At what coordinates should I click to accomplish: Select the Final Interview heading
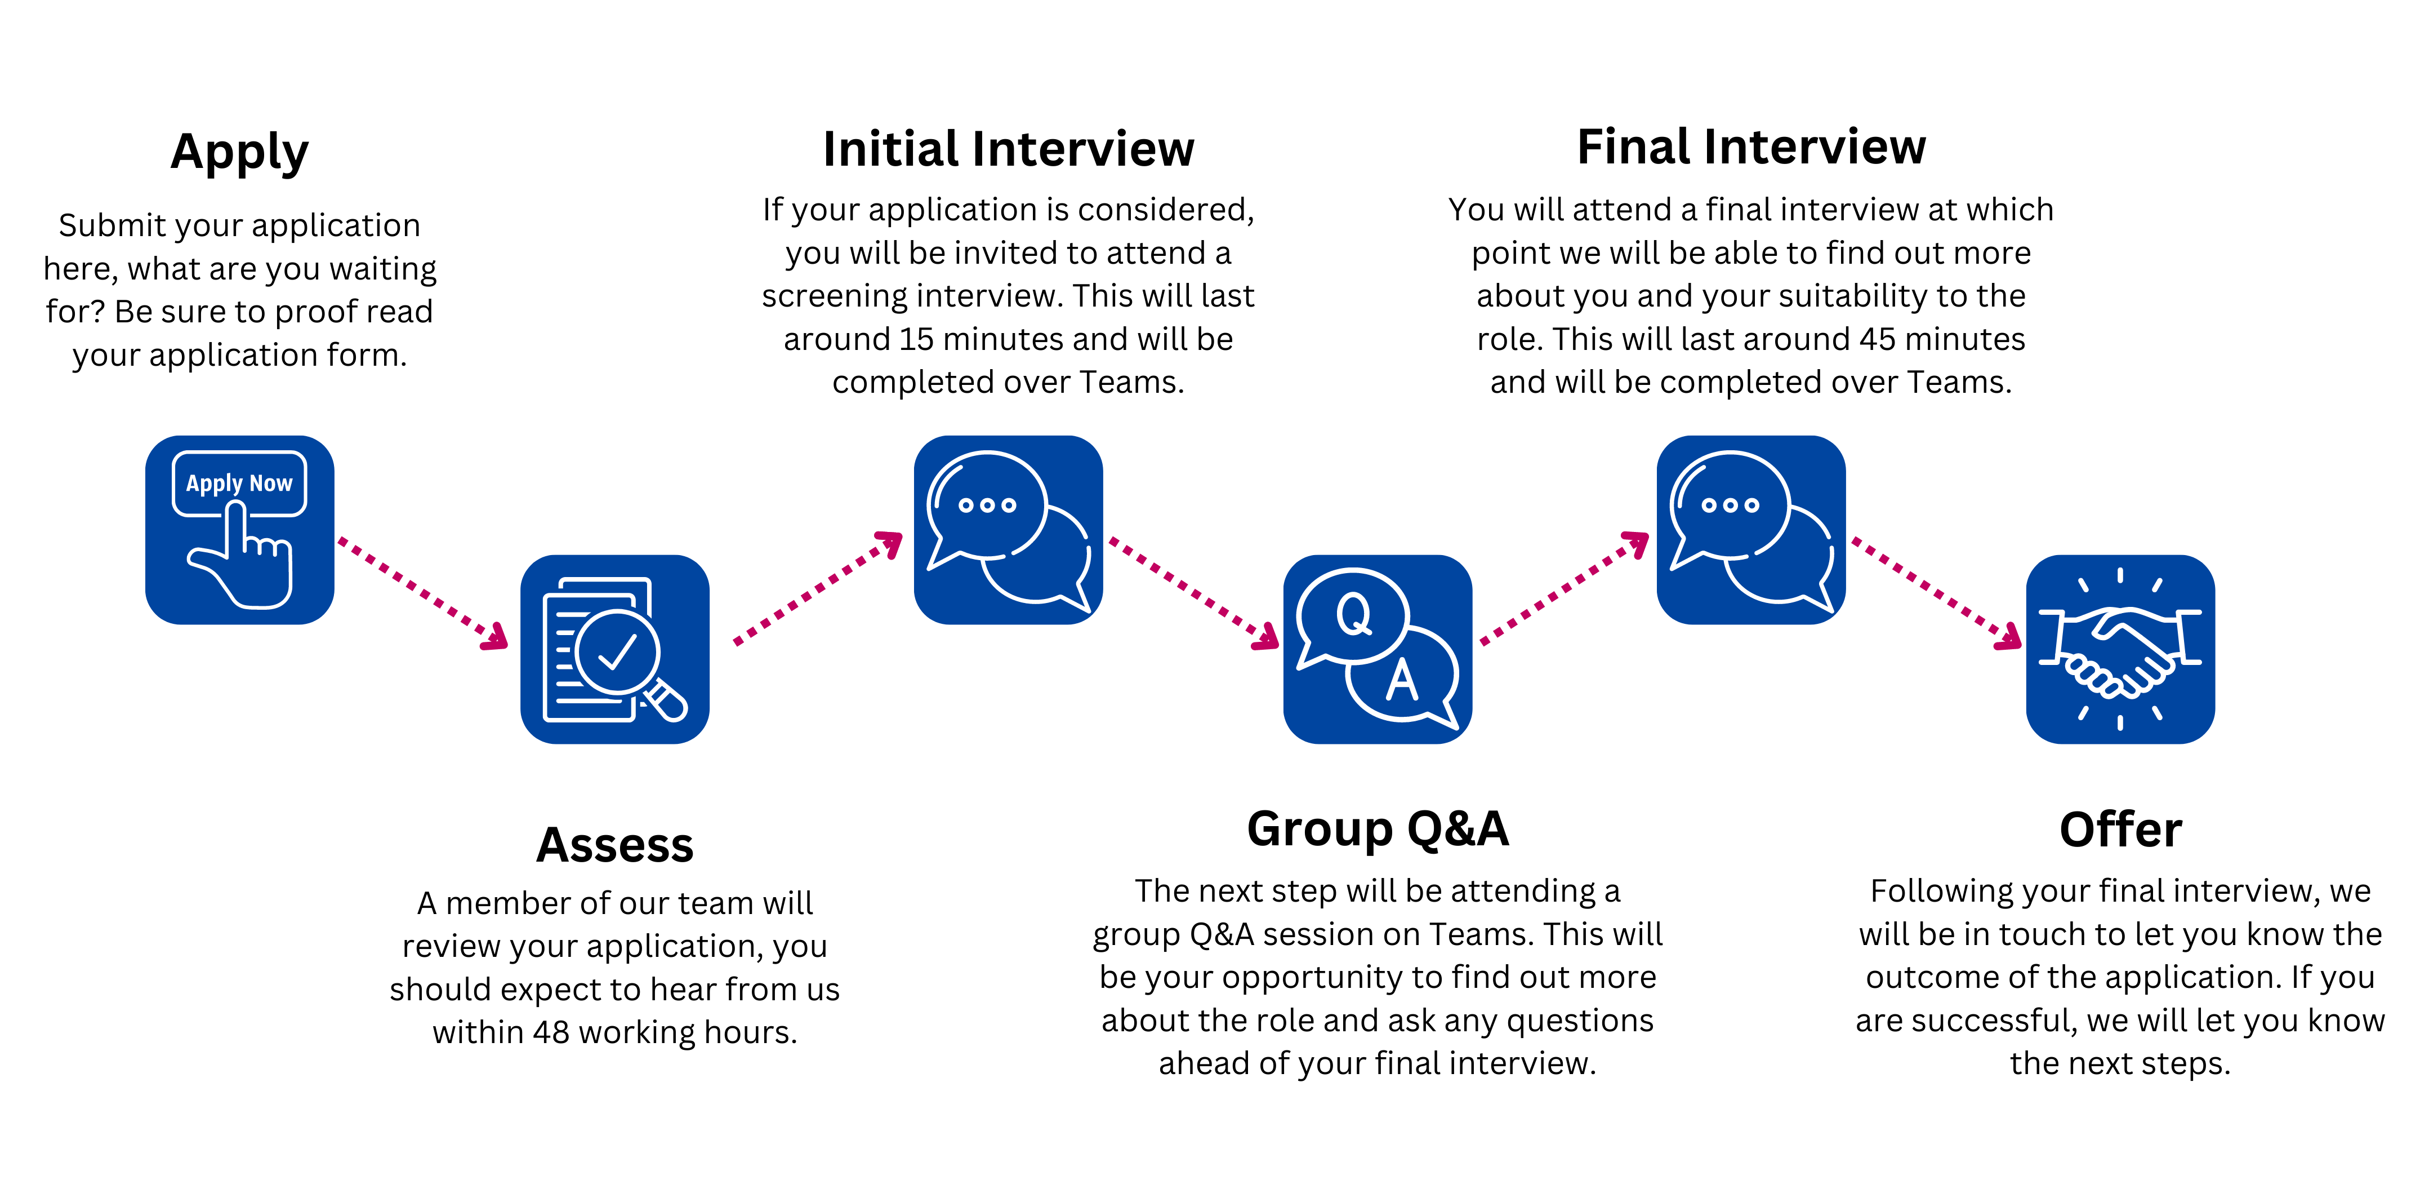coord(1751,147)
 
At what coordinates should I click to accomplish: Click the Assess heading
coord(615,844)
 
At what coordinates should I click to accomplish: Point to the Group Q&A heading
coord(1378,828)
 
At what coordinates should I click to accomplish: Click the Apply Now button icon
coord(239,529)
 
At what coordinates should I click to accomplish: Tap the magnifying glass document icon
coord(615,649)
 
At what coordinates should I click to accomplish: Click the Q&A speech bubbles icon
coord(1378,649)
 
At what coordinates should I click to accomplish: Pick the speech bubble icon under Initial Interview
coord(1008,529)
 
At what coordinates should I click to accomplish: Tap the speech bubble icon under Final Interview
coord(1751,529)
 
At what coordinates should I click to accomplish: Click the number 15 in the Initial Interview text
coord(916,339)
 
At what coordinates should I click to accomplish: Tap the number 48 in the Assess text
coord(551,1032)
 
